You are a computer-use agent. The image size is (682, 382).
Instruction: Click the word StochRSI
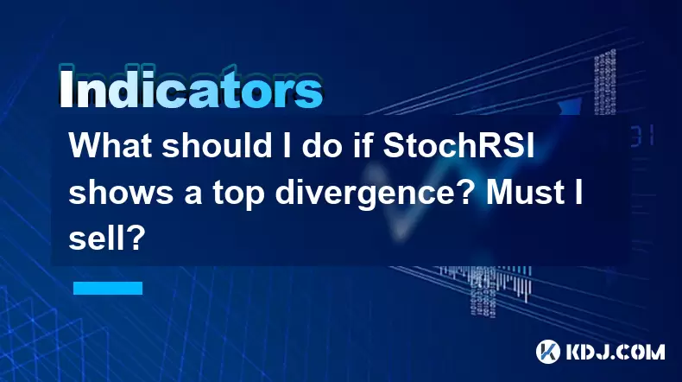pos(458,145)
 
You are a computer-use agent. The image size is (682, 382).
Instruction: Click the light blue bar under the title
pos(108,288)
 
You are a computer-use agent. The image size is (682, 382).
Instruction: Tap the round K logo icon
pos(548,352)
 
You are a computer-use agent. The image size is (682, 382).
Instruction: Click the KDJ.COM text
pos(615,352)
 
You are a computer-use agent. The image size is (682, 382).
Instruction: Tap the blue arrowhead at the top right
pos(570,106)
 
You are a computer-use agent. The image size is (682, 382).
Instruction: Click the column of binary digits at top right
pos(604,82)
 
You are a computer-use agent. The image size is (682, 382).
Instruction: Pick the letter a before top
pos(193,196)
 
